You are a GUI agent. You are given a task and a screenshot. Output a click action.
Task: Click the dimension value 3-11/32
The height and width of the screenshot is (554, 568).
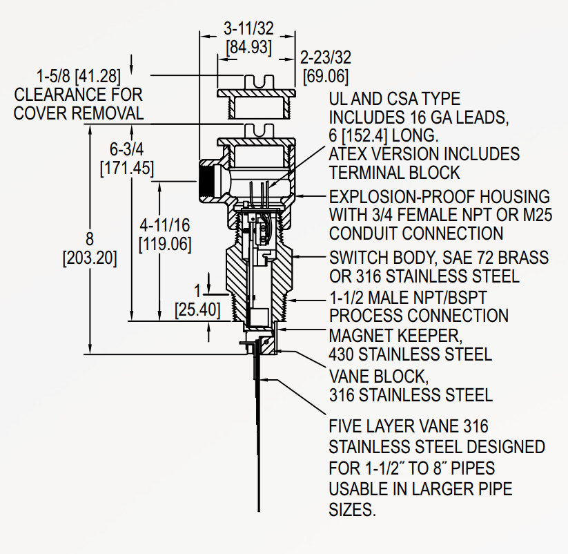[248, 30]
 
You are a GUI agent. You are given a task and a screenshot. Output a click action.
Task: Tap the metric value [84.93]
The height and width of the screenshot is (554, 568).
[248, 48]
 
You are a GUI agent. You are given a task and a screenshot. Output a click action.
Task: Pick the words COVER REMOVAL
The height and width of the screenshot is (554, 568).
[79, 113]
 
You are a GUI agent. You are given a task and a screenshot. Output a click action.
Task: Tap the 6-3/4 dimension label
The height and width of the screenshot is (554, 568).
[126, 150]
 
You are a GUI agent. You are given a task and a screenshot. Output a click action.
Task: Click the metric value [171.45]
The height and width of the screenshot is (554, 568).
[126, 167]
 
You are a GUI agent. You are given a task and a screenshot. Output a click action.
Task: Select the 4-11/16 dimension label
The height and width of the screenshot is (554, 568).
[165, 226]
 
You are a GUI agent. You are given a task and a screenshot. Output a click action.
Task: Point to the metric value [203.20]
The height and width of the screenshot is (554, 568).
[89, 259]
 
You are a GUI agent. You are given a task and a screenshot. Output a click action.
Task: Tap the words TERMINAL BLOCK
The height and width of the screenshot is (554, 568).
[395, 172]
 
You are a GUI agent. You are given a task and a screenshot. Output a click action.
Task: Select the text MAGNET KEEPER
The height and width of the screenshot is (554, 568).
[394, 336]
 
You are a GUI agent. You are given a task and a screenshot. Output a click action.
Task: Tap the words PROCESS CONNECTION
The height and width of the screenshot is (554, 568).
[419, 316]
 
